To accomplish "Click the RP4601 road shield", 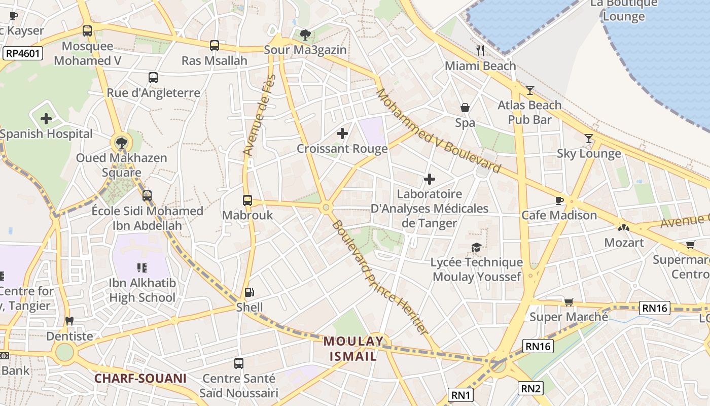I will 23,53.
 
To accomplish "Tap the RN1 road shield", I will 461,395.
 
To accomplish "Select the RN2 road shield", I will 531,389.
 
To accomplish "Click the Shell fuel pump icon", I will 249,292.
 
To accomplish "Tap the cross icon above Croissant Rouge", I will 342,133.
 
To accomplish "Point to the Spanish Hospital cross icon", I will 46,119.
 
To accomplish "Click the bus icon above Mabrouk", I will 247,200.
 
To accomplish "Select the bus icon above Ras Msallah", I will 215,46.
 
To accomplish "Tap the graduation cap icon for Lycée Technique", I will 476,247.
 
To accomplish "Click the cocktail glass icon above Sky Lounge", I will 588,139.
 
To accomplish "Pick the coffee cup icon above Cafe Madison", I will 559,200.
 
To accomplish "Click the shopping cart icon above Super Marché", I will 569,302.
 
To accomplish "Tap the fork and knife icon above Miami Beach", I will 480,50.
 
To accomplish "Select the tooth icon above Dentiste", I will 69,321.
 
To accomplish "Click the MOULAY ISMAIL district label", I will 353,349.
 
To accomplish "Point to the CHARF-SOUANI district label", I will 140,378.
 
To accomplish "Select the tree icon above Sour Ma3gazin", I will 305,35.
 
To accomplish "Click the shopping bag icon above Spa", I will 465,108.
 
